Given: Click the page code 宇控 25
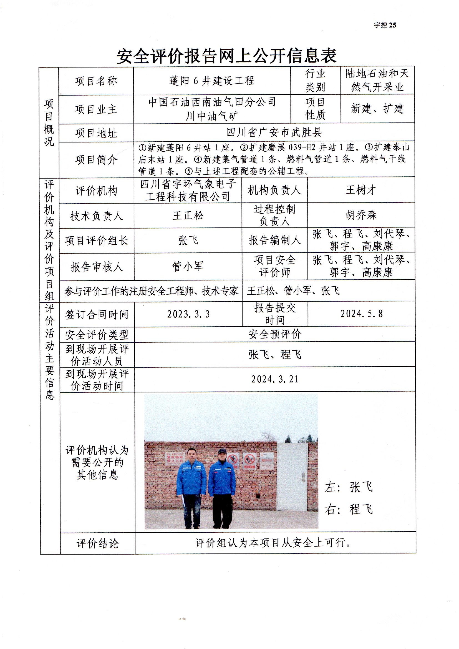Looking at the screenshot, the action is [x=385, y=25].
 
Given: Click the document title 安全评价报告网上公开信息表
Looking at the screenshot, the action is [x=227, y=56].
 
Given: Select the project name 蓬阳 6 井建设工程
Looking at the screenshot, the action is [x=212, y=81].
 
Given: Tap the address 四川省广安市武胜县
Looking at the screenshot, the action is [x=274, y=132].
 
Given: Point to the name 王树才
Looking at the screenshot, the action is [x=361, y=190].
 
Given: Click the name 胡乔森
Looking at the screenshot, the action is [x=361, y=215].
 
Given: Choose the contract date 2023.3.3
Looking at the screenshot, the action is [x=188, y=314].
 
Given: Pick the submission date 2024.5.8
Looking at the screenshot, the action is [x=362, y=313].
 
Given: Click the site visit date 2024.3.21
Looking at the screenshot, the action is [x=275, y=379].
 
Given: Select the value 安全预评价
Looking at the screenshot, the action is [x=275, y=334].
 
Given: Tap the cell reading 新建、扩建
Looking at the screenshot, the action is [x=377, y=109].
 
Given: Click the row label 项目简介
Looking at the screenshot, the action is [x=96, y=160].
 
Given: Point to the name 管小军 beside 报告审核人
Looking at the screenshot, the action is [x=188, y=266].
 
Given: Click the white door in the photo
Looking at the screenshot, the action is [x=292, y=477].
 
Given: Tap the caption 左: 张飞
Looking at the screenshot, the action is [x=349, y=487].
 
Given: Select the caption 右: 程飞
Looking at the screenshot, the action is [x=349, y=509].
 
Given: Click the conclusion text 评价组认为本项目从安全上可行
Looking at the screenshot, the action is [x=273, y=542].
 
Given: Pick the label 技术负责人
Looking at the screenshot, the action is [x=96, y=216].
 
